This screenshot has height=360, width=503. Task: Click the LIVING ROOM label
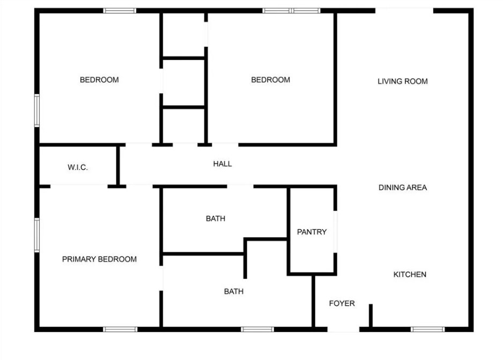pyautogui.click(x=403, y=82)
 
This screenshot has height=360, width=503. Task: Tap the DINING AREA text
pyautogui.click(x=403, y=188)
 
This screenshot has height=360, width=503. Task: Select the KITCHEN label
pyautogui.click(x=410, y=275)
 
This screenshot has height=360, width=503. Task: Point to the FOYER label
pyautogui.click(x=342, y=304)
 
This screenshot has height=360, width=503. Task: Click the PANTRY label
pyautogui.click(x=312, y=232)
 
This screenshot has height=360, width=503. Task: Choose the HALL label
pyautogui.click(x=223, y=164)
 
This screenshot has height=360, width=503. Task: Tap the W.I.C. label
pyautogui.click(x=78, y=167)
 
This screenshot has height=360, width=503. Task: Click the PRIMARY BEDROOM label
pyautogui.click(x=99, y=259)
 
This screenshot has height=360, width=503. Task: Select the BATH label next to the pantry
pyautogui.click(x=216, y=219)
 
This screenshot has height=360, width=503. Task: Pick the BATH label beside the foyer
pyautogui.click(x=234, y=292)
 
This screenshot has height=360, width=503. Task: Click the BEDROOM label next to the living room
pyautogui.click(x=270, y=80)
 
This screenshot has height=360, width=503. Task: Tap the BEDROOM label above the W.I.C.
pyautogui.click(x=99, y=80)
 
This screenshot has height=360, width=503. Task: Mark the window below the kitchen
pyautogui.click(x=427, y=329)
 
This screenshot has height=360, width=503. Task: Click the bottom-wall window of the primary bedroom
pyautogui.click(x=120, y=329)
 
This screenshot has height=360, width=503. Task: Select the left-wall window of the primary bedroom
pyautogui.click(x=37, y=235)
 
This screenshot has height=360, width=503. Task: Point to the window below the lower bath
pyautogui.click(x=257, y=329)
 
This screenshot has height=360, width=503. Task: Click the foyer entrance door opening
pyautogui.click(x=343, y=329)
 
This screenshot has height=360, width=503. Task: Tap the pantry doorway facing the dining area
pyautogui.click(x=335, y=232)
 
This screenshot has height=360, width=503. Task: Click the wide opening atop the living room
pyautogui.click(x=404, y=11)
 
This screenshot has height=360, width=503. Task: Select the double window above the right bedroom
pyautogui.click(x=291, y=11)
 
